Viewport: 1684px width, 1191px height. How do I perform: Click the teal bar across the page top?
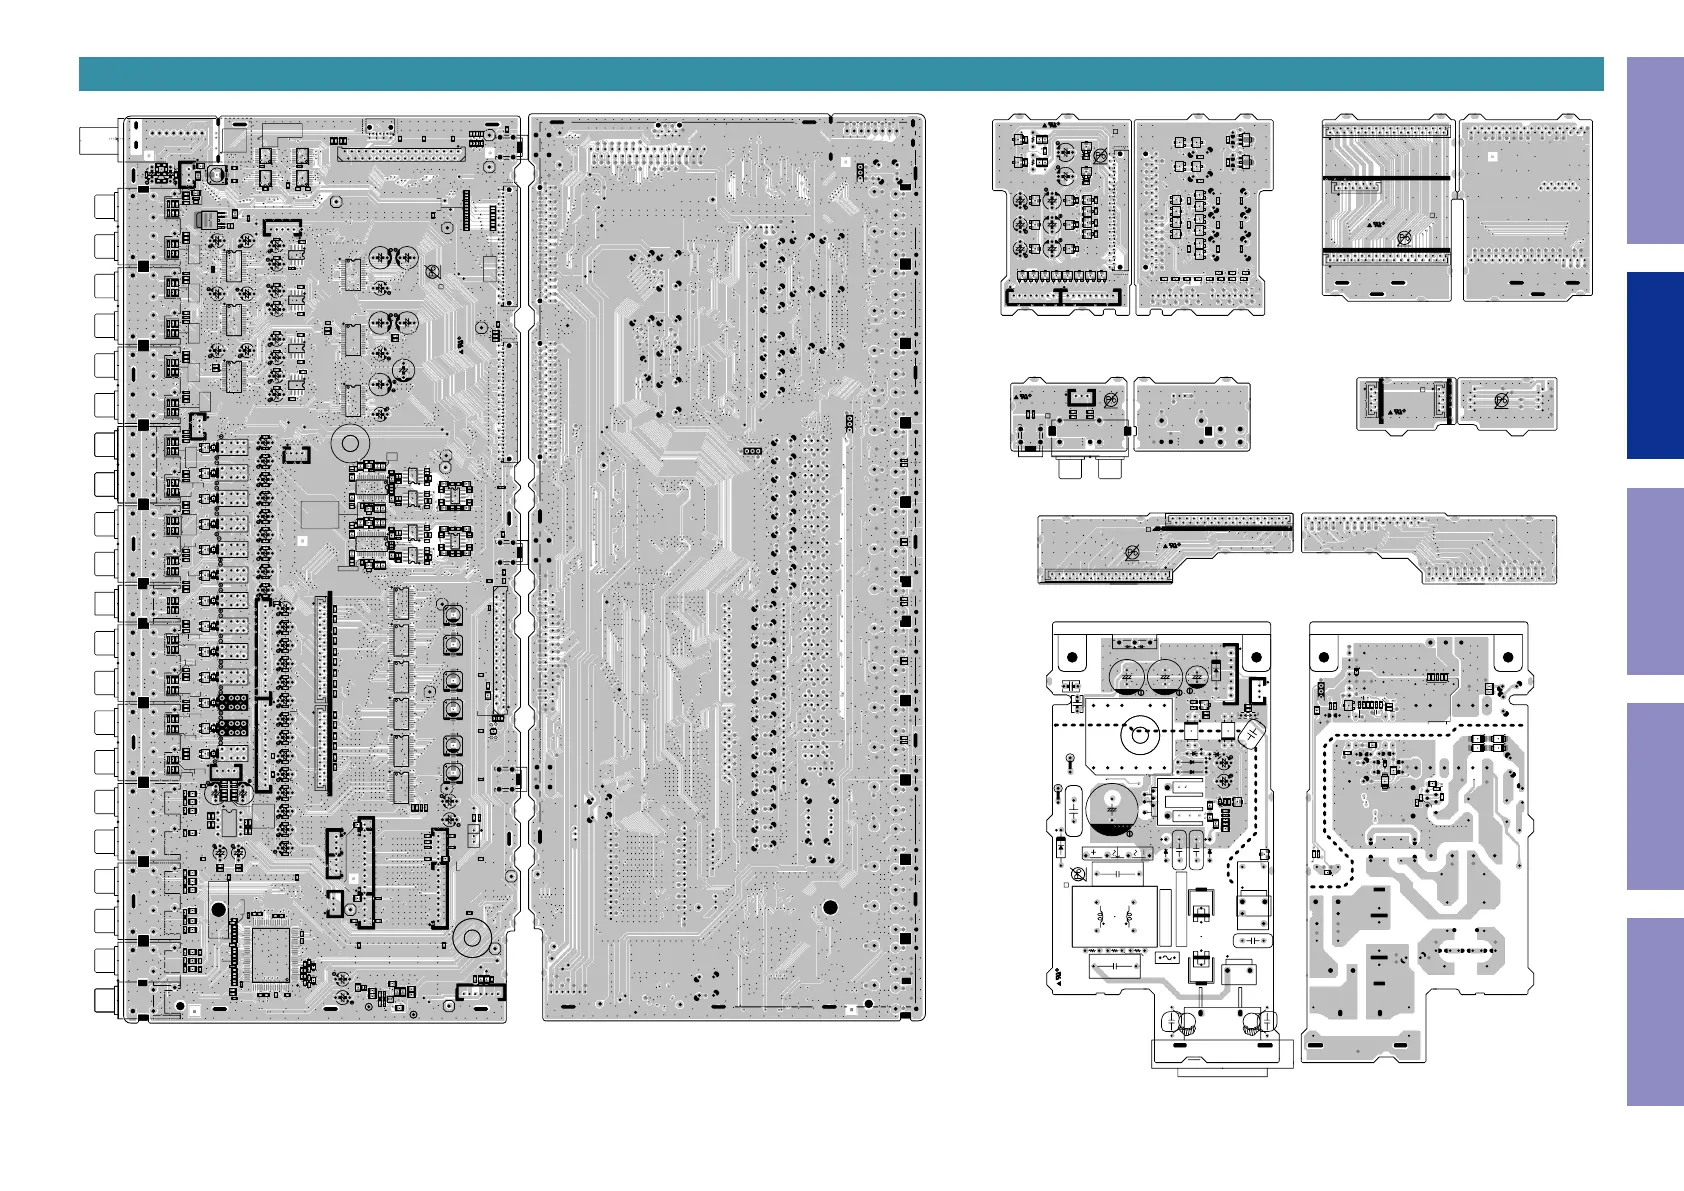pyautogui.click(x=840, y=74)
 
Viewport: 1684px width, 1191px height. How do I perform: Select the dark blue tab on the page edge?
pyautogui.click(x=1654, y=365)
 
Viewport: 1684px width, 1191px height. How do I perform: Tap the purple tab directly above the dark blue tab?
pyautogui.click(x=1654, y=150)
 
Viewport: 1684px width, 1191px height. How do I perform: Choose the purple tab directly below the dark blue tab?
pyautogui.click(x=1654, y=581)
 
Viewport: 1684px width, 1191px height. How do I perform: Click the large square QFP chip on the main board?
pyautogui.click(x=270, y=955)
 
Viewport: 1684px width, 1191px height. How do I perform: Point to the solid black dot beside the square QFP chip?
pyautogui.click(x=218, y=910)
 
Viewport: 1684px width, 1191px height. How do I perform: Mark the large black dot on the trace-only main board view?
pyautogui.click(x=829, y=908)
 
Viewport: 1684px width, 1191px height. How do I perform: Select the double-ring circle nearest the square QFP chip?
pyautogui.click(x=471, y=938)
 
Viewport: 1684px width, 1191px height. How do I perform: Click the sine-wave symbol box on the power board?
pyautogui.click(x=1166, y=957)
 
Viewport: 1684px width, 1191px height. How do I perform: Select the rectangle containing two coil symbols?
pyautogui.click(x=1114, y=916)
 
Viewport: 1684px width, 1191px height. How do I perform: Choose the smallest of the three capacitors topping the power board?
pyautogui.click(x=1196, y=677)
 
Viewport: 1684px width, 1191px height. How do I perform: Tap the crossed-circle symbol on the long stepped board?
pyautogui.click(x=1133, y=553)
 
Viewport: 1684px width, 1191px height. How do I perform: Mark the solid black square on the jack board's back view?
pyautogui.click(x=1208, y=431)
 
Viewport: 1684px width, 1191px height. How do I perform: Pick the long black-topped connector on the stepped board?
pyautogui.click(x=1228, y=522)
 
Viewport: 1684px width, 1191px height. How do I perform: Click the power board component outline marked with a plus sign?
pyautogui.click(x=1061, y=849)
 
